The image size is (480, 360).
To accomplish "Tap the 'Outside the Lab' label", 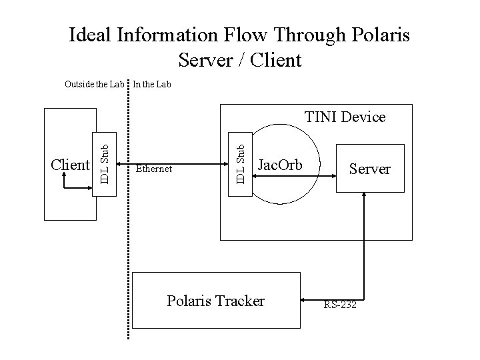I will [x=94, y=85].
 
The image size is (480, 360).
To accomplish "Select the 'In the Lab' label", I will [x=152, y=85].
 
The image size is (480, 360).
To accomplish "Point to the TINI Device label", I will [x=345, y=117].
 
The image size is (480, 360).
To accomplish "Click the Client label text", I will [x=71, y=165].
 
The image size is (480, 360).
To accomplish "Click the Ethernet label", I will [x=154, y=169].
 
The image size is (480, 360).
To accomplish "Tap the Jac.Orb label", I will [x=280, y=165].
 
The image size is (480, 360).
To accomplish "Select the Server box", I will [x=369, y=169].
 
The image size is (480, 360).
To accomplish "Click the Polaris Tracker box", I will [x=215, y=301].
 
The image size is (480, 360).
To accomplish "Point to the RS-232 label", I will [x=340, y=305].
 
